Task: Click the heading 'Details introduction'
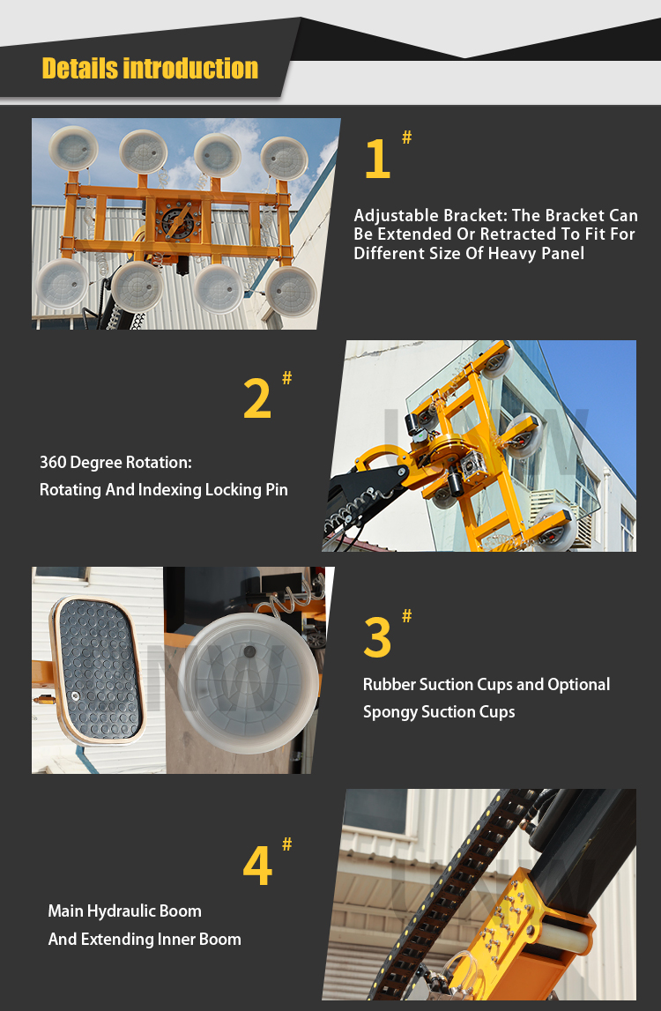[150, 69]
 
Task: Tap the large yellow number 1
[377, 160]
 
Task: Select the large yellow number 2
[257, 399]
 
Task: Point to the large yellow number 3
[377, 637]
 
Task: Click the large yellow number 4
[257, 866]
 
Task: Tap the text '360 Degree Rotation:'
[115, 463]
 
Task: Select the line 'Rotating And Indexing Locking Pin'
[164, 490]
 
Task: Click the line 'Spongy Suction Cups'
[439, 712]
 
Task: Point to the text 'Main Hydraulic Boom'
[124, 911]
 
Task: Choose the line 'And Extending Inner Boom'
[145, 940]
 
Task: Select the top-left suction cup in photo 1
[73, 149]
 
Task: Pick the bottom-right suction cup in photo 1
[291, 290]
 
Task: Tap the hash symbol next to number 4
[286, 844]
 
